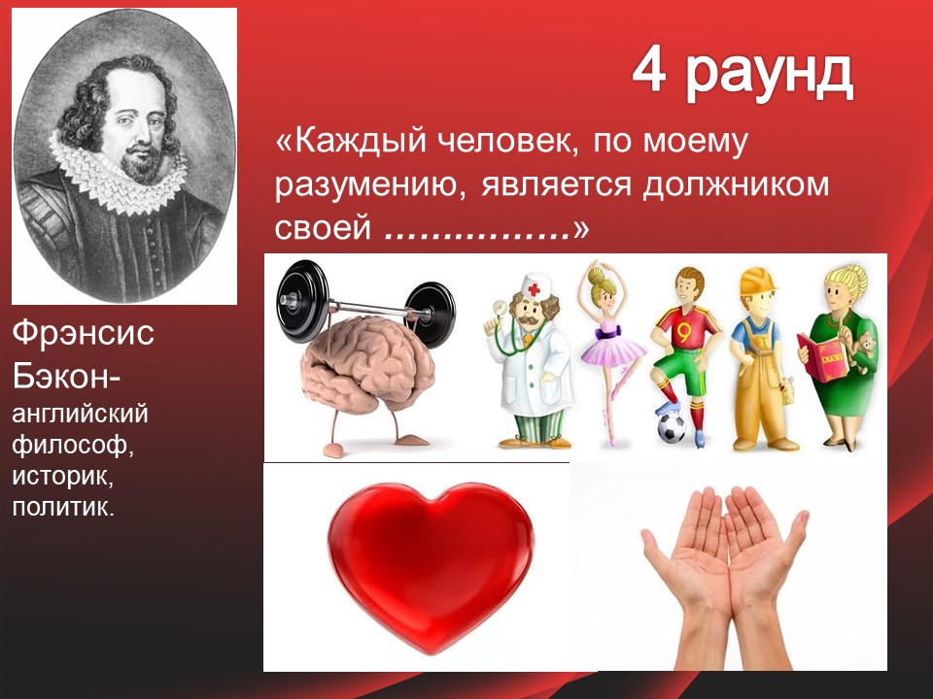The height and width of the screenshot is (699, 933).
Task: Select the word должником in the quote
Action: (736, 184)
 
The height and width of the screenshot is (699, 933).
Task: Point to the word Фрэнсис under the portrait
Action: (84, 332)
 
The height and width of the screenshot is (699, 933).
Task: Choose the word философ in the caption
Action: (73, 445)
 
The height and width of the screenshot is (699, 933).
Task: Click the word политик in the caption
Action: (62, 507)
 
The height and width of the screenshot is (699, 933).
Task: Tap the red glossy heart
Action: (431, 565)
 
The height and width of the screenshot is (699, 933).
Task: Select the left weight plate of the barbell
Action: (301, 301)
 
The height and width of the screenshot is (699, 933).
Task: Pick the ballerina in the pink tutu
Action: (611, 350)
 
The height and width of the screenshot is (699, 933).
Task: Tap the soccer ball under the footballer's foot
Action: (672, 427)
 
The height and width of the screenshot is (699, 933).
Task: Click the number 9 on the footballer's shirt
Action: (683, 334)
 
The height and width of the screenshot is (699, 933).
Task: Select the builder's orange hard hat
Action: (757, 280)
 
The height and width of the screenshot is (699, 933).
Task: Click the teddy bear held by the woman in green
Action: (862, 350)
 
